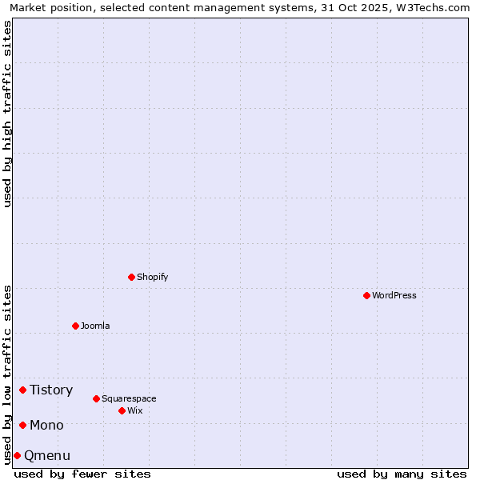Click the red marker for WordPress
coord(366,295)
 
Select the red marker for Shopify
coord(131,277)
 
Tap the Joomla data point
coord(75,326)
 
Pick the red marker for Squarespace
coord(96,398)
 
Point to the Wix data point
coord(122,410)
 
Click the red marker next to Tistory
coord(22,390)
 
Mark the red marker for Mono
coord(22,425)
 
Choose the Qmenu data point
coord(17,455)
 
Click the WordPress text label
coord(394,295)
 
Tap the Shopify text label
coord(152,277)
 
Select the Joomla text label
coord(95,326)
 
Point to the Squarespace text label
coord(129,398)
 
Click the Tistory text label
coord(51,390)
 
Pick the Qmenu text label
coord(47,456)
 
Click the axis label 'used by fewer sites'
coord(82,474)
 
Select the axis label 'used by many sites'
coord(402,474)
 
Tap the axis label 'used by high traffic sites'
coord(7,114)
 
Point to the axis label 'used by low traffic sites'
coord(7,374)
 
